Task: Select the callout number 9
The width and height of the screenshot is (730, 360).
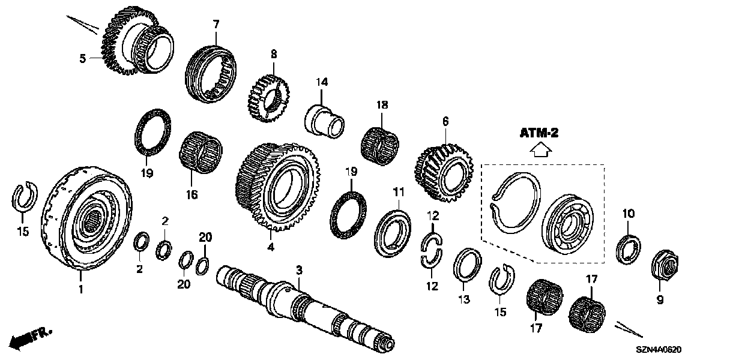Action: click(x=660, y=300)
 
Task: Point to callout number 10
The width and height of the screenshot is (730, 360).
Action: click(x=628, y=214)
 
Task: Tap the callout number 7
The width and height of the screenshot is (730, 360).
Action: click(x=216, y=24)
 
